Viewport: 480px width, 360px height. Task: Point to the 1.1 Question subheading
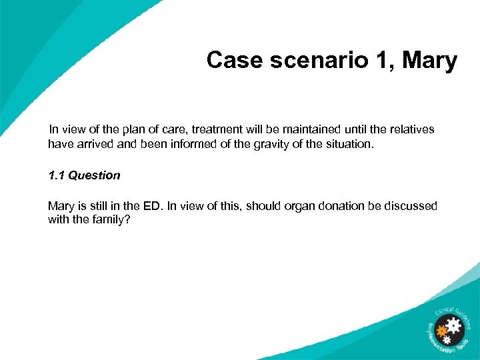pos(84,175)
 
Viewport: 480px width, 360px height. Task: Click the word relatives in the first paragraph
pos(411,129)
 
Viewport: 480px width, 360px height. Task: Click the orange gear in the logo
pos(441,329)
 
